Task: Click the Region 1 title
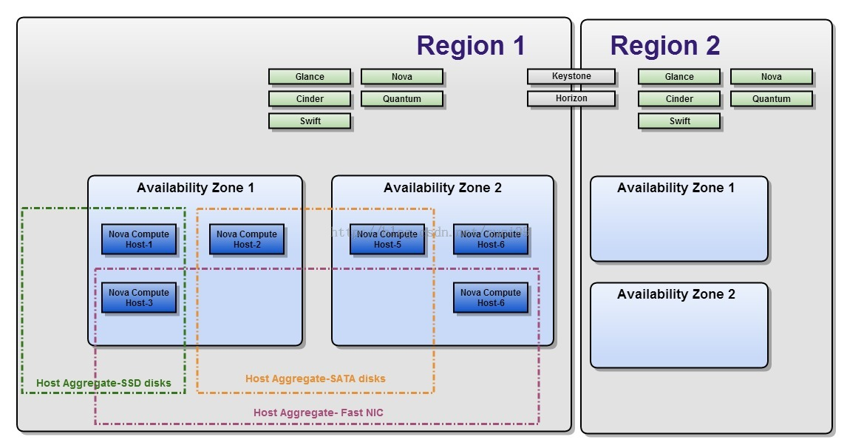470,46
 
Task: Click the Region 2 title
664,46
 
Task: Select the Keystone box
571,76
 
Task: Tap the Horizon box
571,98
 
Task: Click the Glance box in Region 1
310,77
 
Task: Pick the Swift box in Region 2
679,121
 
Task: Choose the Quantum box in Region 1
402,99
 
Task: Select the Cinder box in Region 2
679,99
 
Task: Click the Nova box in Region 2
771,77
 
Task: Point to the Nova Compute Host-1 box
139,240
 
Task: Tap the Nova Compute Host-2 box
247,240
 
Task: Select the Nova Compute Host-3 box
139,298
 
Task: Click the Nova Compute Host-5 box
387,240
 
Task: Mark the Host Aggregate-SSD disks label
103,384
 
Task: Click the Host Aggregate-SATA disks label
316,379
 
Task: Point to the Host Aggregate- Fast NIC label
319,413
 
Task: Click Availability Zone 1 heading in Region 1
195,188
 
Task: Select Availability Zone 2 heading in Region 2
676,294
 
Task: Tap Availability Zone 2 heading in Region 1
443,188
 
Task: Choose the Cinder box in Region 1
310,99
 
